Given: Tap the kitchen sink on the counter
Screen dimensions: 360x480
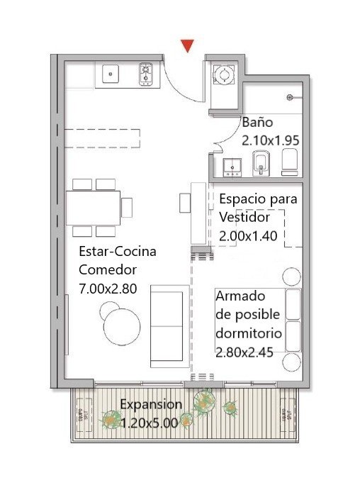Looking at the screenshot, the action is coord(111,74).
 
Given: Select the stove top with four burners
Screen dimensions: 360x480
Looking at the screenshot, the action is coord(145,74).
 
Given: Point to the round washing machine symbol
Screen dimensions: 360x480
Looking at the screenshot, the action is coord(224,74).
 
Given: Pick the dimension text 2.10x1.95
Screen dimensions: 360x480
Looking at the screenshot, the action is coord(271,140).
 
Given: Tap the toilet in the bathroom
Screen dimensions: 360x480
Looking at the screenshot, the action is coord(289,162).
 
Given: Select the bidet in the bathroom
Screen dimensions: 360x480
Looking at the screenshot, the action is coord(261,164).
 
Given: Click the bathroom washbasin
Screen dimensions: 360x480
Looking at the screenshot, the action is coord(232,167).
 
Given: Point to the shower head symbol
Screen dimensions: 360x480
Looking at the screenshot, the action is coord(290,97).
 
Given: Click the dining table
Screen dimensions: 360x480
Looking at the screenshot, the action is coord(93,208).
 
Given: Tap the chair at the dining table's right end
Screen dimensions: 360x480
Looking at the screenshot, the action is coord(127,208).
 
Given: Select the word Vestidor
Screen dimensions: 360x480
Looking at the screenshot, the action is coord(244,218).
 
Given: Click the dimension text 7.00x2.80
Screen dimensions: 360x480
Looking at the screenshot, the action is coord(108,289).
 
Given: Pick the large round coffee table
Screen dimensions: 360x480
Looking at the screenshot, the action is coord(122,328).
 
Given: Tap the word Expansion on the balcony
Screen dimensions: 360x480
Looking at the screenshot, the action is coord(151,404).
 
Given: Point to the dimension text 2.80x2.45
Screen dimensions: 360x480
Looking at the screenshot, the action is coord(244,352).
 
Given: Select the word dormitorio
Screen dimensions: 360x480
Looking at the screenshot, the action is coord(249,333).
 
